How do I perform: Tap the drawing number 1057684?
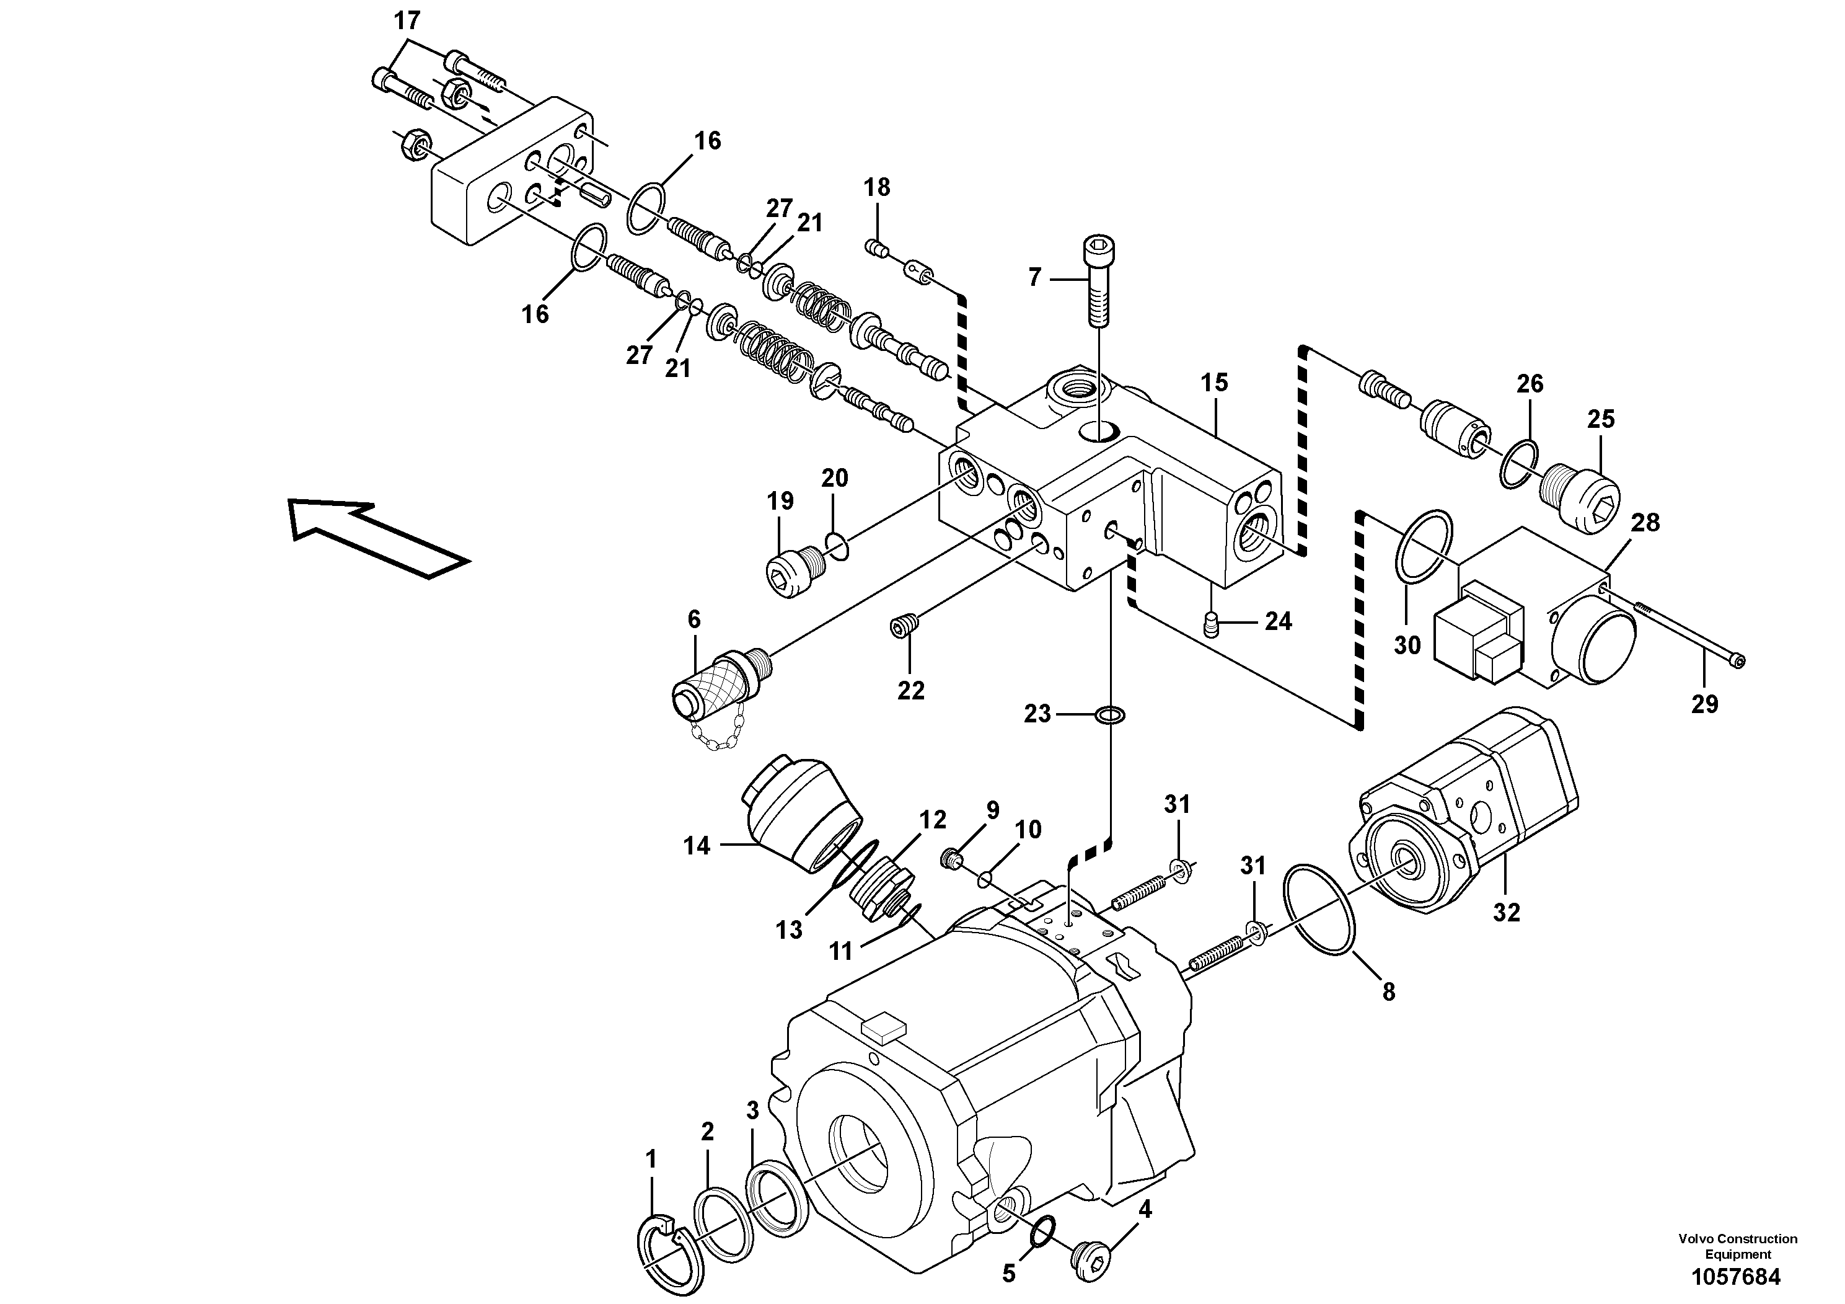click(x=1737, y=1277)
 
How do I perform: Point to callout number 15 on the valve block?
click(x=1214, y=383)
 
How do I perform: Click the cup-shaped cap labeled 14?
click(x=799, y=814)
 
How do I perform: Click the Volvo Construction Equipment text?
click(x=1737, y=1247)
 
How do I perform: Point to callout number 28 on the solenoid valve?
click(x=1645, y=523)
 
